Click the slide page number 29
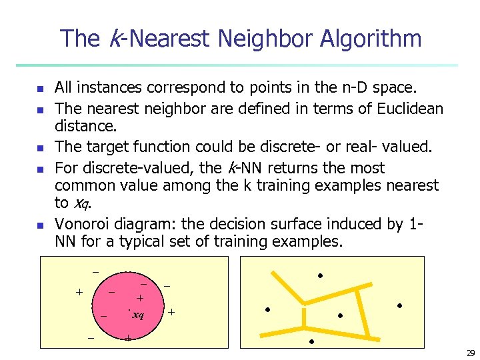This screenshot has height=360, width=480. [x=471, y=353]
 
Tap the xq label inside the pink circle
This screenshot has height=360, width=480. [x=138, y=315]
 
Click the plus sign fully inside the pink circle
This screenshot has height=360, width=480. [x=140, y=298]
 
